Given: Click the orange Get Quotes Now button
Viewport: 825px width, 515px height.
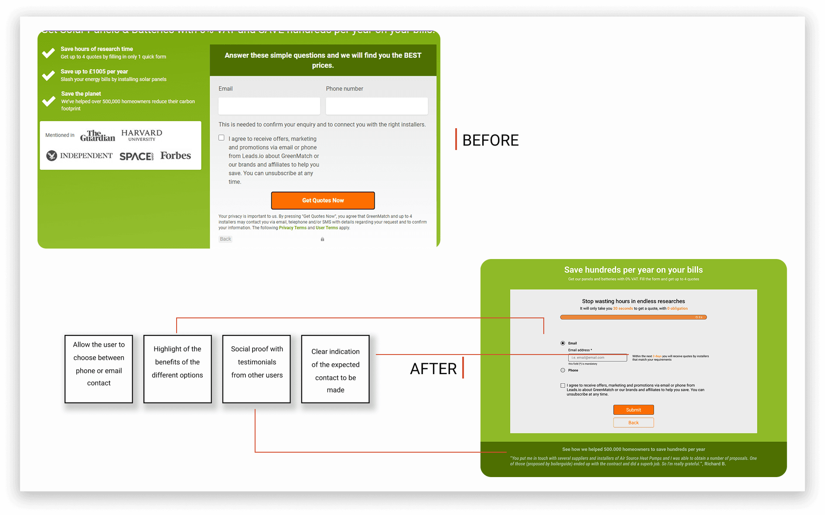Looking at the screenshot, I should pos(323,201).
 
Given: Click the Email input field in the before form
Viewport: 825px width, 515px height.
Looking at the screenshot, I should pos(269,106).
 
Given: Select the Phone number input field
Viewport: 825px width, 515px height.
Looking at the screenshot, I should pos(376,106).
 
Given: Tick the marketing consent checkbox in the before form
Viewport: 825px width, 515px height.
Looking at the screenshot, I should pos(222,138).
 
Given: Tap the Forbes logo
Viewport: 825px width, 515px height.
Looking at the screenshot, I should pos(175,156).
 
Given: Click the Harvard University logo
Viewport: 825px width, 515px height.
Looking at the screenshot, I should pos(141,135).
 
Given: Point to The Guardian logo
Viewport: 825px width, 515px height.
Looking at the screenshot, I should pos(98,136).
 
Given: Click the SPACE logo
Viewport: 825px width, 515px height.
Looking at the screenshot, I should pos(136,156).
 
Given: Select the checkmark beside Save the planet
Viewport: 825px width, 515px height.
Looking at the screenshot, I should pos(48,101).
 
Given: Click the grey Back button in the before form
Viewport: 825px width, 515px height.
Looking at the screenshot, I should pos(225,239).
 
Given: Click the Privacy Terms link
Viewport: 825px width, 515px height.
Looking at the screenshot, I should pos(293,228).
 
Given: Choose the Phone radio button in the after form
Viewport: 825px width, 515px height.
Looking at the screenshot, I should pos(563,370).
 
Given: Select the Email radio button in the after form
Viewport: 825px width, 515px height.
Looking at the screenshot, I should pos(563,343).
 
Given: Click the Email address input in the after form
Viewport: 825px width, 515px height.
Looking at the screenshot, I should pos(597,358).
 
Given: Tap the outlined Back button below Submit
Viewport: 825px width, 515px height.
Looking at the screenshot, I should pos(633,423).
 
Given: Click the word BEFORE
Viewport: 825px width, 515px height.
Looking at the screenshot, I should pos(490,140).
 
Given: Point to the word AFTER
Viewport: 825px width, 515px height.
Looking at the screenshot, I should pos(433,369).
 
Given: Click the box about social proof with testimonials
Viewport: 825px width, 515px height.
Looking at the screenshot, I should pos(256,369).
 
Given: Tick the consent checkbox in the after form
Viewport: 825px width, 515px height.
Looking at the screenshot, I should pos(563,385).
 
